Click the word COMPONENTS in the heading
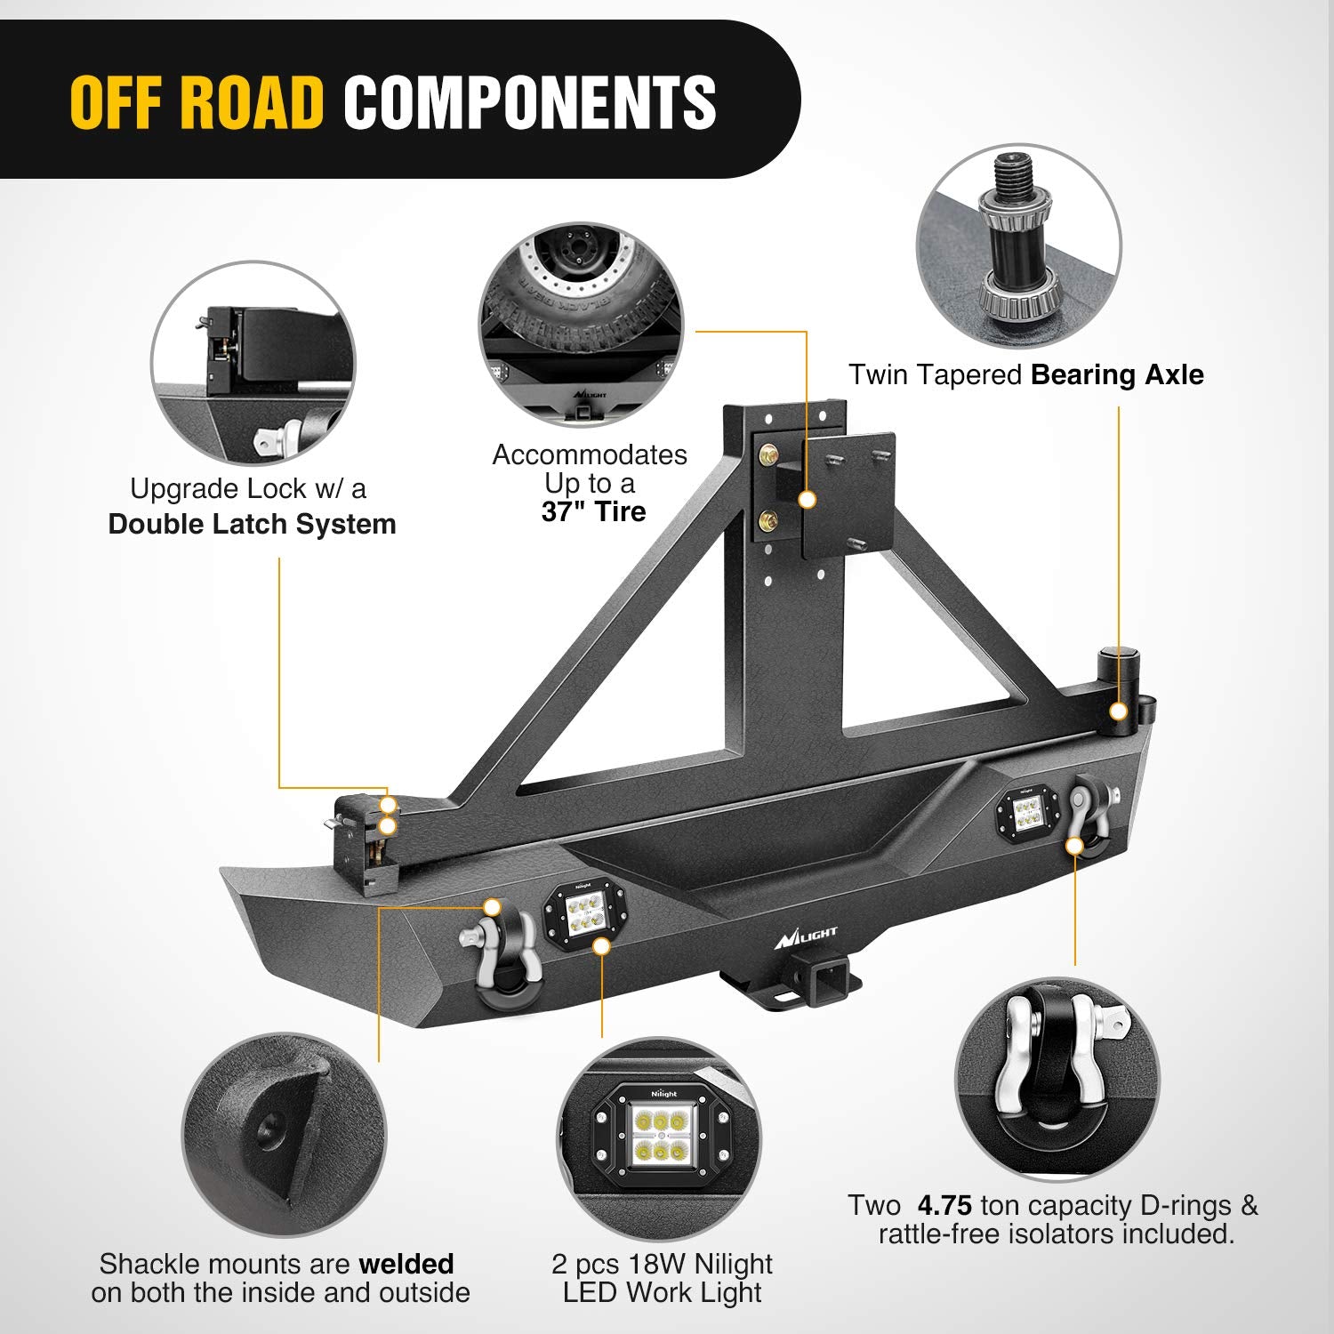click(530, 101)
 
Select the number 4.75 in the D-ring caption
click(944, 1205)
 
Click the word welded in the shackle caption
click(406, 1263)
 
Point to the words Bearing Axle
click(1117, 374)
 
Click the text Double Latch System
click(252, 524)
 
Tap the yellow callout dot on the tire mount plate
click(808, 500)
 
